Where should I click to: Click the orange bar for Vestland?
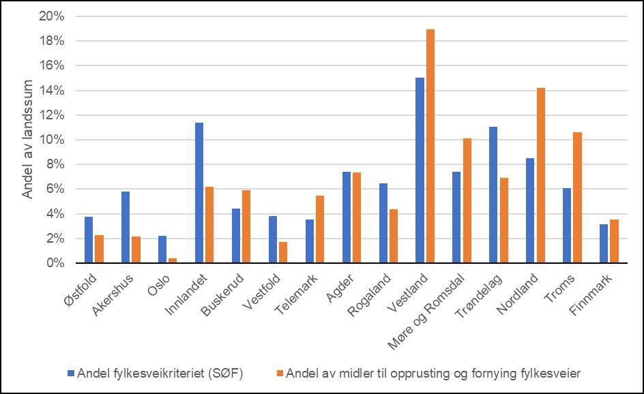click(430, 146)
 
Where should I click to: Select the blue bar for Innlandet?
click(199, 193)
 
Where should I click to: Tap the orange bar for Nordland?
click(540, 175)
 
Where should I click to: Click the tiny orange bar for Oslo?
click(173, 260)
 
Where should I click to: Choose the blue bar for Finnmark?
click(604, 243)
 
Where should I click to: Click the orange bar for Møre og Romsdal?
click(467, 200)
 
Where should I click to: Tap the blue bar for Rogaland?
click(383, 223)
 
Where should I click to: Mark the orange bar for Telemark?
click(319, 229)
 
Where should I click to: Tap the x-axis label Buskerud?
click(221, 293)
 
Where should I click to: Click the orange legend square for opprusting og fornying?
click(280, 373)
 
